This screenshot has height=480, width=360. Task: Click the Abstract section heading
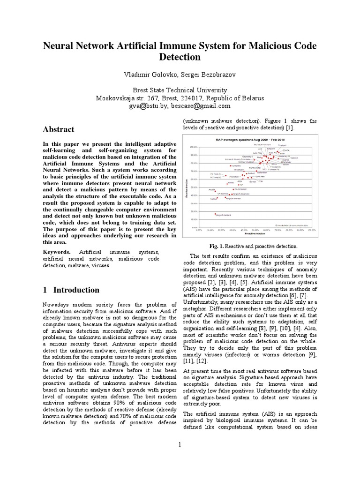pyautogui.click(x=59, y=129)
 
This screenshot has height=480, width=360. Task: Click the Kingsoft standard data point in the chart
pyautogui.click(x=215, y=214)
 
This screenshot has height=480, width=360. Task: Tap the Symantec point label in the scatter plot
pyautogui.click(x=236, y=165)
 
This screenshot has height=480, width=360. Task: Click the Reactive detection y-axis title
pyautogui.click(x=187, y=187)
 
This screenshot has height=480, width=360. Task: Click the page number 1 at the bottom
pyautogui.click(x=180, y=444)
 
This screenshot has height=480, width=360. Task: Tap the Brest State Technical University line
pyautogui.click(x=180, y=90)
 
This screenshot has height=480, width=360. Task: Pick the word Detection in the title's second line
pyautogui.click(x=180, y=57)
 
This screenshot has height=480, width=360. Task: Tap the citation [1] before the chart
pyautogui.click(x=290, y=128)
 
